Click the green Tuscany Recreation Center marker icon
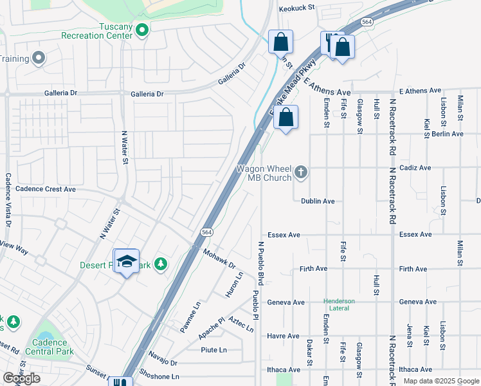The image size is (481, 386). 143,29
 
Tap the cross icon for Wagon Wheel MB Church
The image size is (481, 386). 300,172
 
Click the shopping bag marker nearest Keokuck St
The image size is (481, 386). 280,43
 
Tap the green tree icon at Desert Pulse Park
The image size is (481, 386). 160,264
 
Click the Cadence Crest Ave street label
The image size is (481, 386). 45,189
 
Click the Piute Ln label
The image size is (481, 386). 213,350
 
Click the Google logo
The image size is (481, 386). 21,378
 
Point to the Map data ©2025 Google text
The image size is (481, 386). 440,381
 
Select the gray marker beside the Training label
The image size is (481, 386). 39,59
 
